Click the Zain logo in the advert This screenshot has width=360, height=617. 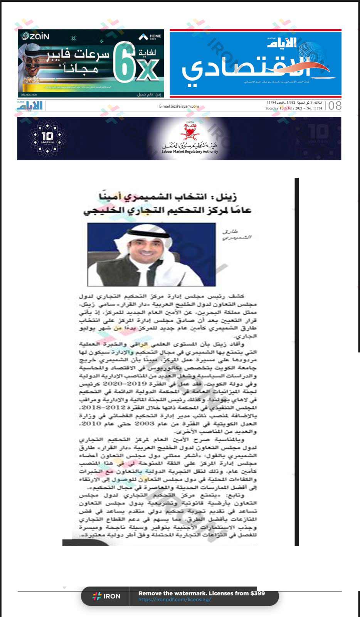(35, 36)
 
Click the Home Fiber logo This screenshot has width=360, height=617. (150, 37)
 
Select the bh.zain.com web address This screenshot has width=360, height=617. (29, 94)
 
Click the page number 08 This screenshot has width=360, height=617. (335, 106)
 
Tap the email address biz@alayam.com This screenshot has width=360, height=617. (179, 106)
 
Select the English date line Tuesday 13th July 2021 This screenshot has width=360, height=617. (294, 108)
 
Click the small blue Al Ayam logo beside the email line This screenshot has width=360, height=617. (30, 106)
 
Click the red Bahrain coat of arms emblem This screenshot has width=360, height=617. (189, 131)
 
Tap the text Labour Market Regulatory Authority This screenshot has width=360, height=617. (190, 152)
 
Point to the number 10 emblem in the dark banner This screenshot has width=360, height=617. (47, 137)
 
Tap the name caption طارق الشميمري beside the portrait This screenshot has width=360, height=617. (236, 234)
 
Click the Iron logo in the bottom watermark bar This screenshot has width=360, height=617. (107, 596)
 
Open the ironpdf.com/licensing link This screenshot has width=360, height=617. (174, 600)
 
